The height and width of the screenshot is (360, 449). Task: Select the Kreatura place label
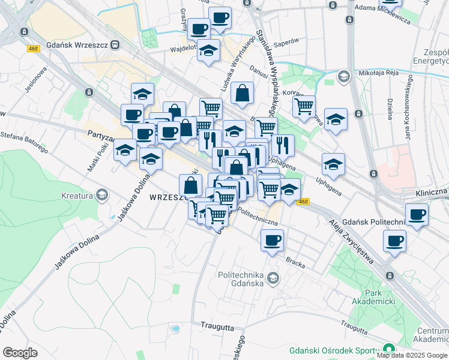pyautogui.click(x=76, y=196)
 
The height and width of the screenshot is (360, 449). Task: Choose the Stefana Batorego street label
pyautogui.click(x=24, y=142)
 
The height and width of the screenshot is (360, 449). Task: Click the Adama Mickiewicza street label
pyautogui.click(x=382, y=14)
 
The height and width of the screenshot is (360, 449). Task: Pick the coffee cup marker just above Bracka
pyautogui.click(x=273, y=241)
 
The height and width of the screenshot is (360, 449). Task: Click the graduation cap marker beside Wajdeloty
pyautogui.click(x=209, y=51)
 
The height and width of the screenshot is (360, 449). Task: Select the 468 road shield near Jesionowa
pyautogui.click(x=33, y=49)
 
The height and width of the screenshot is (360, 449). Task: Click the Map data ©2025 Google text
pyautogui.click(x=412, y=355)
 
